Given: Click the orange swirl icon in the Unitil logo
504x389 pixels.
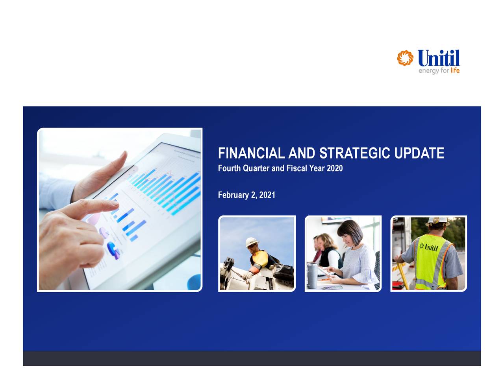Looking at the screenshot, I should tap(405, 58).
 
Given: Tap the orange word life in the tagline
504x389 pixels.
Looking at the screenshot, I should tap(455, 71).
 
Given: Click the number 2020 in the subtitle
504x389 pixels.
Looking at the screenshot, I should tap(334, 168).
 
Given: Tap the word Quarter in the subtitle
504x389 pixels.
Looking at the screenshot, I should tap(256, 168).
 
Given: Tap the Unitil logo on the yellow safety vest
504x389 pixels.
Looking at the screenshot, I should tap(429, 247).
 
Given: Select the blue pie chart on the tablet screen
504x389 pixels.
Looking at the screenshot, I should tap(113, 250).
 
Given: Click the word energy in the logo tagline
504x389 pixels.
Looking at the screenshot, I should tap(428, 71).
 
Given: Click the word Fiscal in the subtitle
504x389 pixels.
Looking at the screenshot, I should tap(296, 168).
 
